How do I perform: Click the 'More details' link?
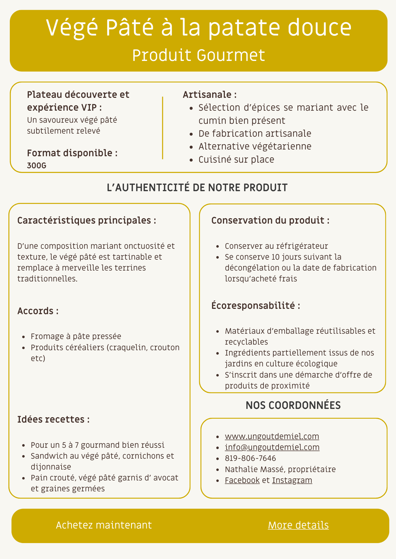coord(298,525)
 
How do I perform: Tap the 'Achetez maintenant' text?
coord(104,525)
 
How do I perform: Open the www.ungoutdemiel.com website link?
coord(272,436)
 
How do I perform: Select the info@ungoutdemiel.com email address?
coord(272,447)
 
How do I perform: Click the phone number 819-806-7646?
coord(250,458)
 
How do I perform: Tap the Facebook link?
coord(242,480)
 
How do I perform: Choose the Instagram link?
coord(292,480)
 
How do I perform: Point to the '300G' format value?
coord(37,166)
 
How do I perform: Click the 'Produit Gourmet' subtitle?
coord(198,55)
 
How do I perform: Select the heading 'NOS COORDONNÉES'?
coord(293,405)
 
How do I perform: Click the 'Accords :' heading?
coord(38,311)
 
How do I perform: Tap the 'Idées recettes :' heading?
coord(53,419)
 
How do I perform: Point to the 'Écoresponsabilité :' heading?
coord(256,305)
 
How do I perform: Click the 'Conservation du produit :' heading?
coord(270,220)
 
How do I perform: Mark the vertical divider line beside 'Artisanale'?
coord(162,128)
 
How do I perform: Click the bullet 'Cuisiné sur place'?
coord(236,160)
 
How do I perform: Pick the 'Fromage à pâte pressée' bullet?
coord(76,336)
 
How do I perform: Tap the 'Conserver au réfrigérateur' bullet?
coord(276,246)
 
